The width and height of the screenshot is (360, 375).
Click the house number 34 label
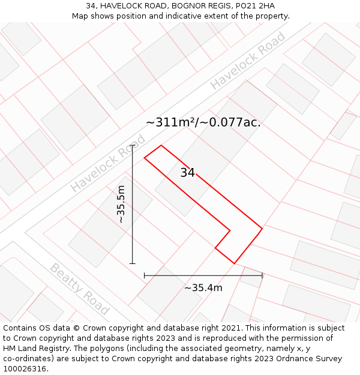pos(187,173)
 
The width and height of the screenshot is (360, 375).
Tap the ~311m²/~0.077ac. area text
pos(203,122)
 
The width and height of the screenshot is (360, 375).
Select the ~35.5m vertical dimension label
pos(121,204)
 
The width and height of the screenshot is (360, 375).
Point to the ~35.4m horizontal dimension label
pos(203,288)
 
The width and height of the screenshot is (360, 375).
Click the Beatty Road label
pos(79,289)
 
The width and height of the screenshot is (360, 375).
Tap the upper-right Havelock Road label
pos(248,61)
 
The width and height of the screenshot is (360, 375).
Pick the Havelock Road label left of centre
pos(108,163)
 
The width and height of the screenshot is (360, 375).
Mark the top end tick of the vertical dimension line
pos(133,145)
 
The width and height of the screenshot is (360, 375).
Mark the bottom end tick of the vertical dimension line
pos(133,263)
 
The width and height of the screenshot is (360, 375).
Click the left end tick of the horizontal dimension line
pos(145,275)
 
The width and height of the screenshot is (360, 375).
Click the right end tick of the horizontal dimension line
pos(262,275)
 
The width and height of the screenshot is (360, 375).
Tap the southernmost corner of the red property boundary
pos(234,263)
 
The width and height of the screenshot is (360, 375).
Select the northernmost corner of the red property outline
pos(161,145)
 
